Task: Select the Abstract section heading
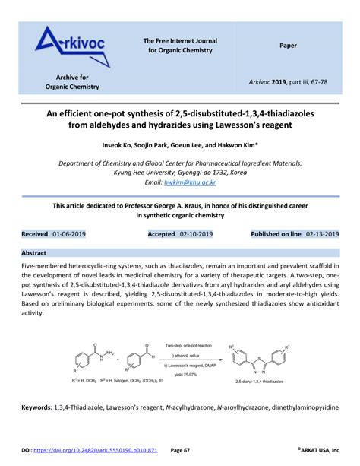click(x=34, y=252)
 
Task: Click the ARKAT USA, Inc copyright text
click(x=318, y=449)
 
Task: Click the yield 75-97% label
click(x=187, y=373)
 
